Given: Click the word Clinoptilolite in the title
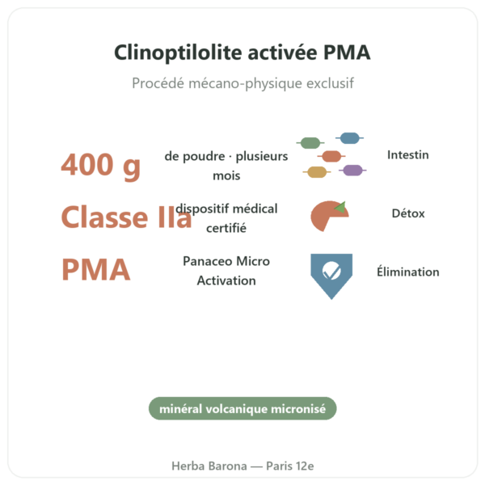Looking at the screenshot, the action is pyautogui.click(x=178, y=53).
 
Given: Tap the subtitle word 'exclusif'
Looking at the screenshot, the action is pyautogui.click(x=330, y=83).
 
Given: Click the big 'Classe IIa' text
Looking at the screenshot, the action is pyautogui.click(x=127, y=217).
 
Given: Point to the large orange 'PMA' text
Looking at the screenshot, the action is pyautogui.click(x=96, y=270).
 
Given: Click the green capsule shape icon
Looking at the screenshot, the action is pyautogui.click(x=310, y=143).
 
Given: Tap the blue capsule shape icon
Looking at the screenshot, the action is pyautogui.click(x=349, y=138).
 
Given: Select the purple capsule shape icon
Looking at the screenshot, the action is pyautogui.click(x=352, y=170).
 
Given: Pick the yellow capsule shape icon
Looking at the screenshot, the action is pyautogui.click(x=317, y=172).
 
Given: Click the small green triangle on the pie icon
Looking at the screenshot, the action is pyautogui.click(x=341, y=207).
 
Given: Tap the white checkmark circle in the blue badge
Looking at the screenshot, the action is pyautogui.click(x=331, y=270).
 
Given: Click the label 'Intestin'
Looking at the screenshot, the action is pyautogui.click(x=408, y=155).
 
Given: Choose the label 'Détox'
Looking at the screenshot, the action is pyautogui.click(x=408, y=213).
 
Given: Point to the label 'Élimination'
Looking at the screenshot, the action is pyautogui.click(x=408, y=272).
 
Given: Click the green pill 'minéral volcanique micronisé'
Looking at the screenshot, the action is pyautogui.click(x=242, y=408).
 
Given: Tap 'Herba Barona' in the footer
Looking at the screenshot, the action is pyautogui.click(x=209, y=466).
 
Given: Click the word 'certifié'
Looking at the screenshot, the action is pyautogui.click(x=226, y=228).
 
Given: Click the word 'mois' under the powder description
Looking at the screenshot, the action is pyautogui.click(x=226, y=176).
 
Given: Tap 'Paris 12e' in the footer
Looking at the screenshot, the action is pyautogui.click(x=290, y=466).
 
